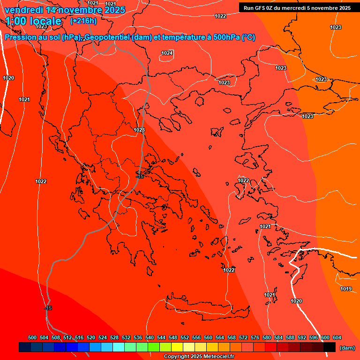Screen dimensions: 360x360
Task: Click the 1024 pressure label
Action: [167, 53]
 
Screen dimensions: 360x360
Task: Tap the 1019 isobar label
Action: [346, 289]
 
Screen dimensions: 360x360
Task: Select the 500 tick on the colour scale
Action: [32, 337]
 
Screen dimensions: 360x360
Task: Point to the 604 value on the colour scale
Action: [337, 337]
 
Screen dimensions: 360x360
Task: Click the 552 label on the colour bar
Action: [185, 337]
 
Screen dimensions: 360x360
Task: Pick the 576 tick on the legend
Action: [255, 337]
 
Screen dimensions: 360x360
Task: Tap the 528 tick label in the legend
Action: [114, 337]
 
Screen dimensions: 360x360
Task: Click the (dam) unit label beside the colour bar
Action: [347, 348]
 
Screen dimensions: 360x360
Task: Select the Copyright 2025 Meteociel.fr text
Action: [199, 357]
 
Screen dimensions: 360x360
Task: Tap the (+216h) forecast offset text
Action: [83, 21]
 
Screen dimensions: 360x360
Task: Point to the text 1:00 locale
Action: [33, 21]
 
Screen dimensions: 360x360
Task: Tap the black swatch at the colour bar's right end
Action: [330, 347]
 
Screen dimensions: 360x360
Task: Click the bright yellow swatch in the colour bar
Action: [177, 347]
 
